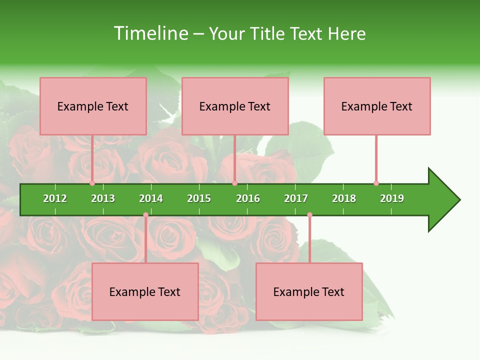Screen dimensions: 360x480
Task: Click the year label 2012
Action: click(55, 198)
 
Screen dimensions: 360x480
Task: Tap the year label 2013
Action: click(103, 198)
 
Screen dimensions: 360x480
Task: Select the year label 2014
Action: click(151, 198)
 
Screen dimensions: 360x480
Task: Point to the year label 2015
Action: click(199, 198)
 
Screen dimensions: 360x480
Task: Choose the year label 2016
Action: click(248, 198)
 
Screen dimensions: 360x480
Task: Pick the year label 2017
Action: click(296, 198)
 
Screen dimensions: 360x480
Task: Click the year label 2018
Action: click(344, 198)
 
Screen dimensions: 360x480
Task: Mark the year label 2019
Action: click(392, 198)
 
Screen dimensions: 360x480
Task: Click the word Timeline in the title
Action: click(150, 33)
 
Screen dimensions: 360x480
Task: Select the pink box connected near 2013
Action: click(93, 106)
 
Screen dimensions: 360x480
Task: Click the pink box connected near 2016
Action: click(235, 106)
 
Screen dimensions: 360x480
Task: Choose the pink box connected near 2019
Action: click(377, 106)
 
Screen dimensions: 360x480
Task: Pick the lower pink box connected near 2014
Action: click(145, 291)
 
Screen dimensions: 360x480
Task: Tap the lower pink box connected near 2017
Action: click(309, 291)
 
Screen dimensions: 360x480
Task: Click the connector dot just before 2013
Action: click(92, 183)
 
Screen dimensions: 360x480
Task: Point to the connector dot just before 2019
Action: click(376, 183)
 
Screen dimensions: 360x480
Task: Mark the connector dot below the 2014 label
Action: click(145, 215)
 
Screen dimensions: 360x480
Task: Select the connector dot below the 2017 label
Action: click(309, 215)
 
